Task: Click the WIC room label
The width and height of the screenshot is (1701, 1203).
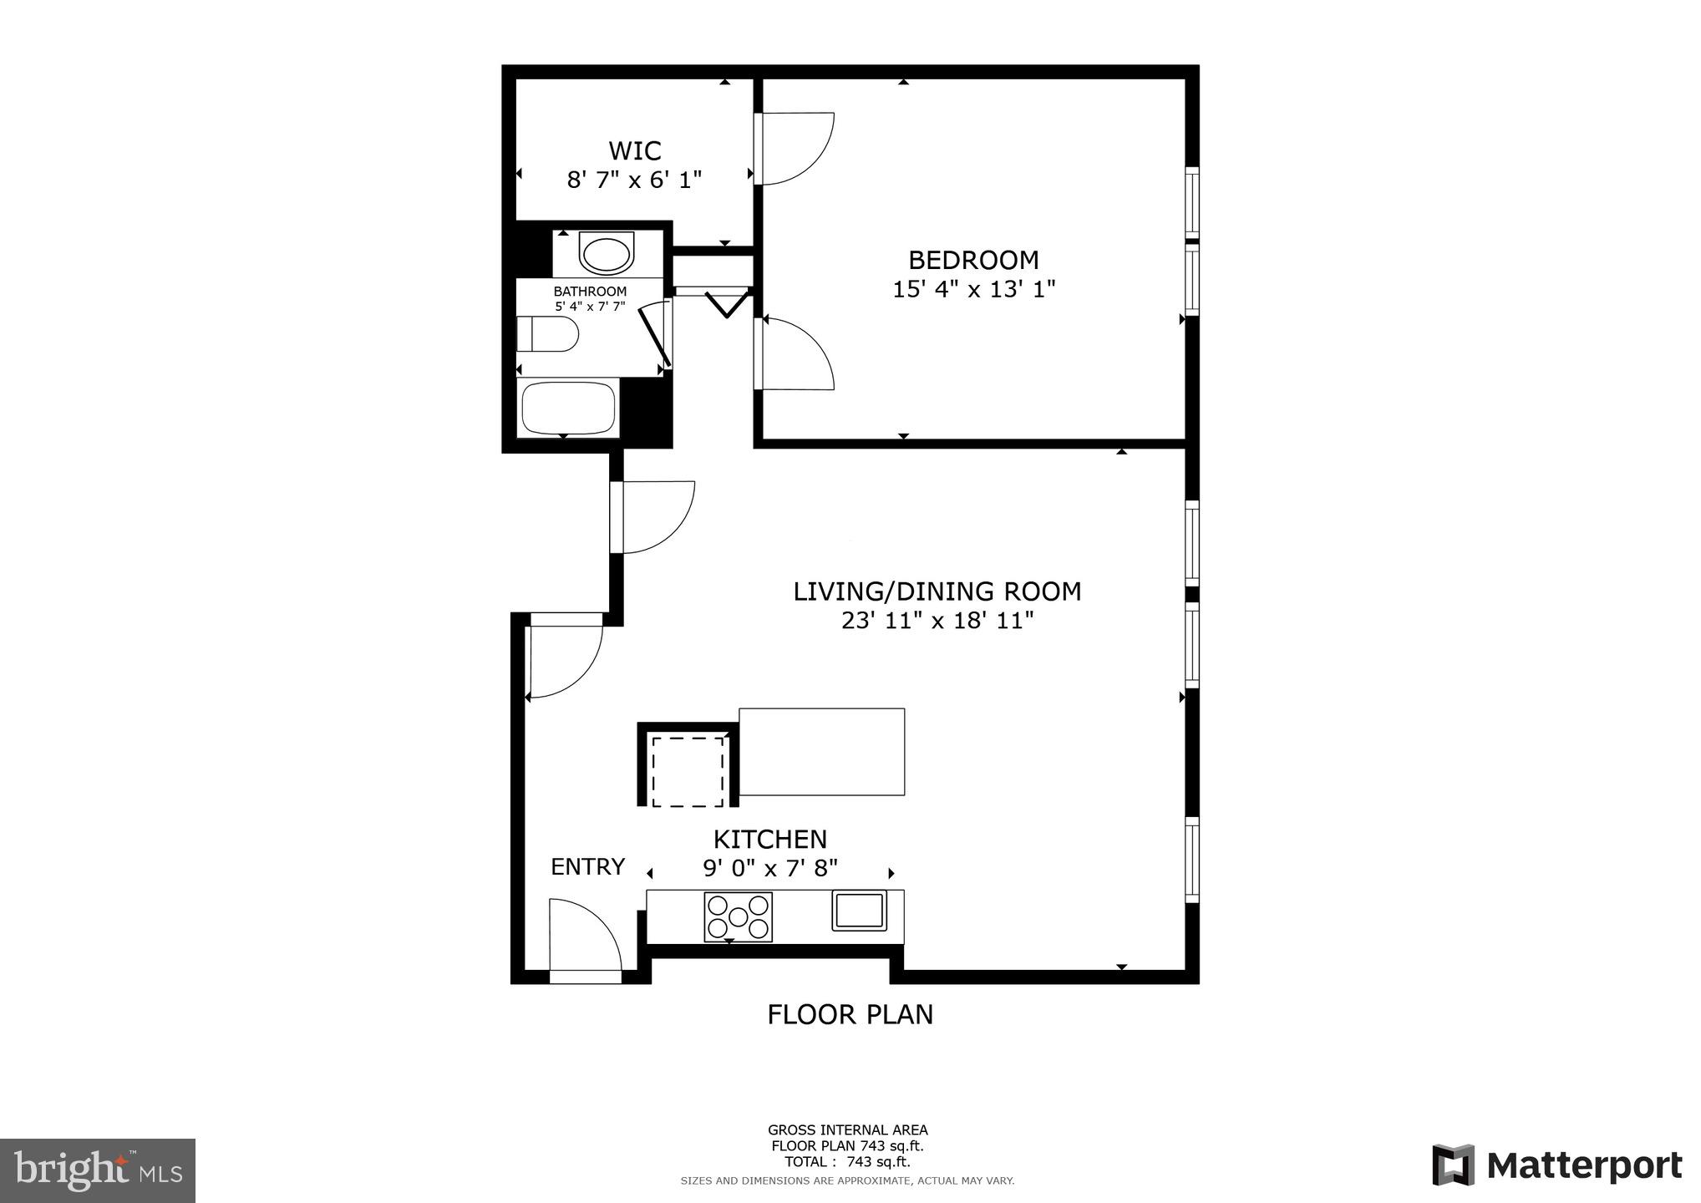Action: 634,151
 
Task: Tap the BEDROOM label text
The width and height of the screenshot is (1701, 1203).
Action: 973,260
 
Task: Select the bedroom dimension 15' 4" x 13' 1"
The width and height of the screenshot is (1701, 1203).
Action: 973,290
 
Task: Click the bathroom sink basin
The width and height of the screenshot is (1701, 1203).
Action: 607,254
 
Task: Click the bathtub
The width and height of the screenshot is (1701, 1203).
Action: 568,408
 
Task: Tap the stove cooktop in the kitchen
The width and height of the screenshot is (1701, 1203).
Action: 738,916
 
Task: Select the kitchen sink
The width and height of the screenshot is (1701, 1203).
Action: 859,911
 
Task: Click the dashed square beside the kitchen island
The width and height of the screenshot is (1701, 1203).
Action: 688,771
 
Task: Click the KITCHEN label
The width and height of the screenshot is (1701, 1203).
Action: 769,840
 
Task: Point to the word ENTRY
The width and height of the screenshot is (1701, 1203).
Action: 587,867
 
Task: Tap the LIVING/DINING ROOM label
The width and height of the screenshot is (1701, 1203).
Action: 937,591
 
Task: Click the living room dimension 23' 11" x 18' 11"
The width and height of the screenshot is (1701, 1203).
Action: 937,621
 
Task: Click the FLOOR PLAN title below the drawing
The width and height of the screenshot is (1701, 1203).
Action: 850,1014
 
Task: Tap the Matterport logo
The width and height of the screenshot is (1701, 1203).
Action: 1556,1165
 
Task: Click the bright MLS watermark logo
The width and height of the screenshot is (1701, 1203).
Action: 98,1170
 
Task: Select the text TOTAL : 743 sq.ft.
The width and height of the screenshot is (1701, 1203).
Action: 847,1161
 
